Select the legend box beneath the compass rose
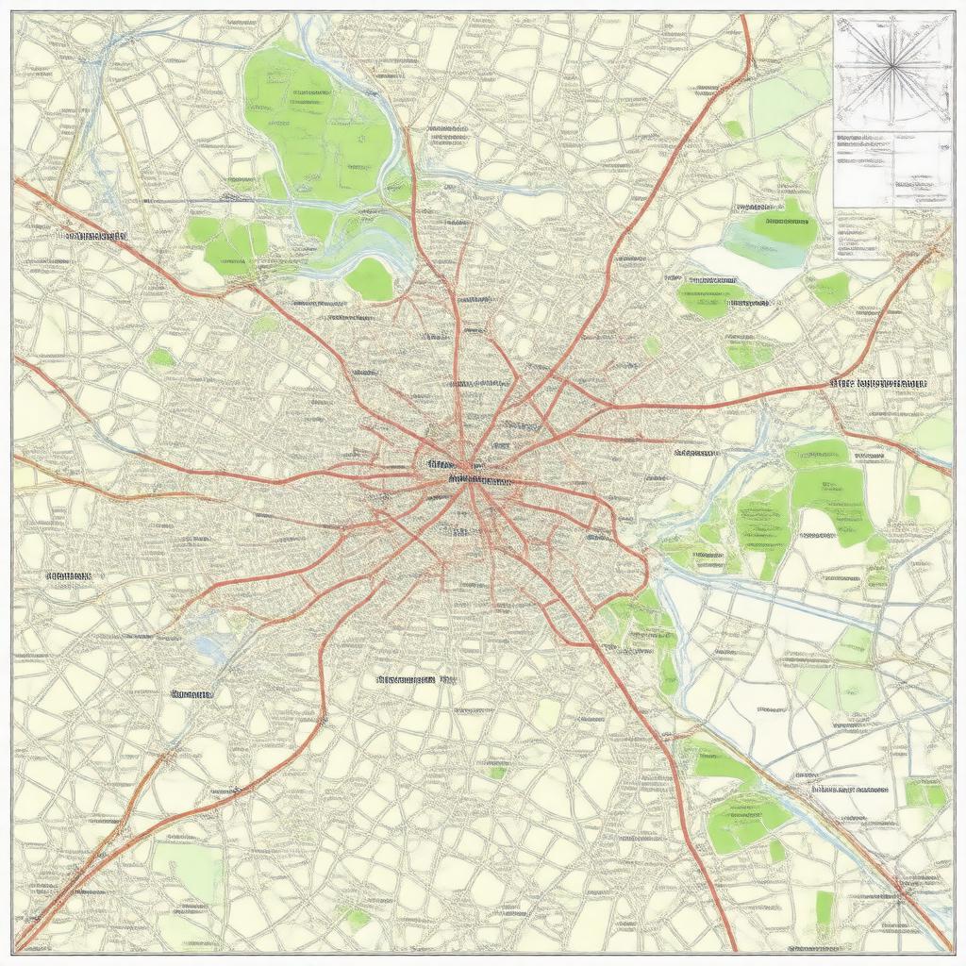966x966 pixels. (x=891, y=169)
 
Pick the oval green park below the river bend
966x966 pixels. (x=370, y=279)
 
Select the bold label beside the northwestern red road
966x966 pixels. (x=93, y=234)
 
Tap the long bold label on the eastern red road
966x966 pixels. (x=878, y=384)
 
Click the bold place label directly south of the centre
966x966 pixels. (x=406, y=678)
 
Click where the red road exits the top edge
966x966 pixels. (x=744, y=16)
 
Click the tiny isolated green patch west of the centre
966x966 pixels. (x=161, y=358)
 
